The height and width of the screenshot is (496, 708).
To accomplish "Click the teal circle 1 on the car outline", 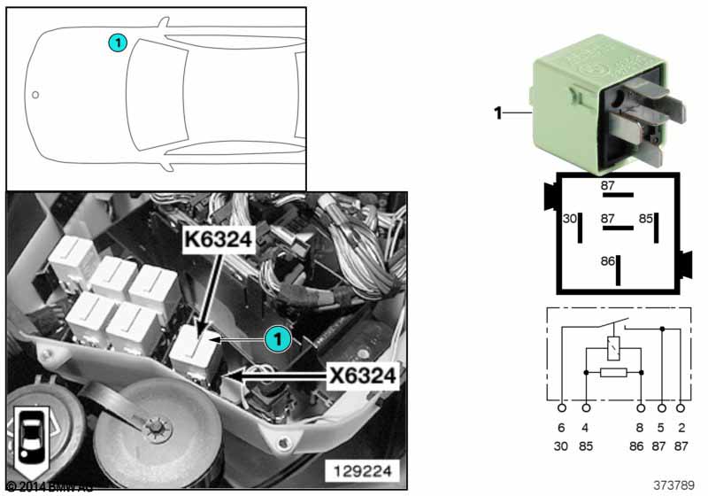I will (x=117, y=42).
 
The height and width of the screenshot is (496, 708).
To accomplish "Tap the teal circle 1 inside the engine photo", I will (x=277, y=337).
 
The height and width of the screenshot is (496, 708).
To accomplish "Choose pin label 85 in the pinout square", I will (x=646, y=217).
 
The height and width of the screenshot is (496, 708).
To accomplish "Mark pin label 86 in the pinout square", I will (x=607, y=261).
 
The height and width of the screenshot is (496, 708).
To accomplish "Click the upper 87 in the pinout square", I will (x=608, y=185).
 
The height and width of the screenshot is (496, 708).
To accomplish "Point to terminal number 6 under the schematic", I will (x=562, y=428).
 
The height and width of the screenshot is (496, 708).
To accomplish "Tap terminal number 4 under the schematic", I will (x=586, y=428).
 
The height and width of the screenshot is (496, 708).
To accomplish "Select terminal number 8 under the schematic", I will (x=641, y=428).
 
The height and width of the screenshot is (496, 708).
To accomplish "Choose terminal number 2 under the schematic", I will (x=681, y=428).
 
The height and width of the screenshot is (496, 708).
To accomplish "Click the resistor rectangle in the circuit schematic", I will (x=613, y=373).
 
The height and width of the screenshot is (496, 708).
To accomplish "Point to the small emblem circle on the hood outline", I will (x=35, y=94).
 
